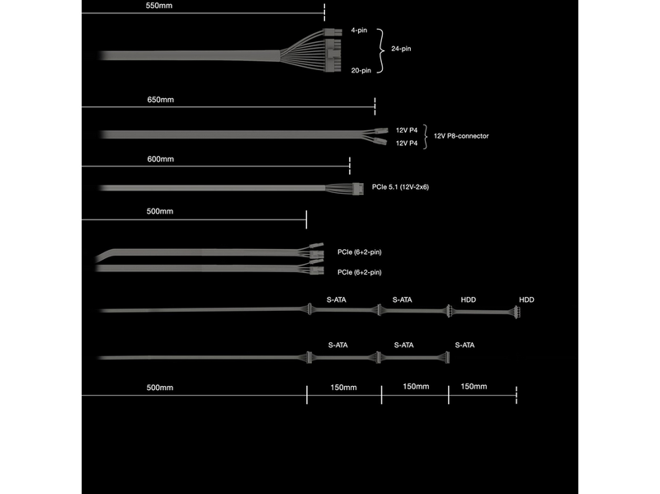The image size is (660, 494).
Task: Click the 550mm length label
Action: pos(158,6)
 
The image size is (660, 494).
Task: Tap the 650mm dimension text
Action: pos(160,100)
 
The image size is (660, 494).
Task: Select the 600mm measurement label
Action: pos(160,159)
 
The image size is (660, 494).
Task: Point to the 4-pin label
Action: pos(359,31)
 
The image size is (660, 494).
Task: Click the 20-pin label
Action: pos(361,70)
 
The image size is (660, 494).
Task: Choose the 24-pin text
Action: pos(401,49)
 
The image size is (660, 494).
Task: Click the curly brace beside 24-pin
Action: pos(380,51)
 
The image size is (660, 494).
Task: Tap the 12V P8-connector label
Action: pos(461,136)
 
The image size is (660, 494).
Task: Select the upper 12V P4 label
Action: pos(407,130)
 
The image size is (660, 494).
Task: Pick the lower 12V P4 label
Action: pos(407,143)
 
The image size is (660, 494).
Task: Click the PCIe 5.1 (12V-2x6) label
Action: pos(400,187)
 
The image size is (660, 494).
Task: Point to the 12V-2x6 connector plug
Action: pos(358,189)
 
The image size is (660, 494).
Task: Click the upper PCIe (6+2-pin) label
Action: pos(360,252)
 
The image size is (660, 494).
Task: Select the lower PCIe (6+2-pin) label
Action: pos(360,272)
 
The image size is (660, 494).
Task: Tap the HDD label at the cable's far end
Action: pos(526,299)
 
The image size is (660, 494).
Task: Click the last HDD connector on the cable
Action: pos(516,313)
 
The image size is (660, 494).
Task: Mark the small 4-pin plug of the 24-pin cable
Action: pos(332,32)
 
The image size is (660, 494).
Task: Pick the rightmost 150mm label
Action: pos(474,386)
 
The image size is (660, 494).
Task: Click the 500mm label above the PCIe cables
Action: pos(160,211)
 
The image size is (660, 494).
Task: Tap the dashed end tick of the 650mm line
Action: pos(375,106)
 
